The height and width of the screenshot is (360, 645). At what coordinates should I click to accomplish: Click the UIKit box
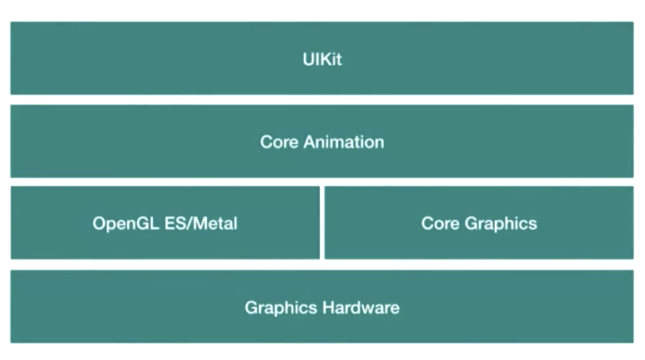pos(171,58)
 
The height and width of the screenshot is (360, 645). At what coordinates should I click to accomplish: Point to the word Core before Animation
pos(279,141)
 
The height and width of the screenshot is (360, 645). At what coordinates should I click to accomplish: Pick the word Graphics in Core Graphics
pos(501,223)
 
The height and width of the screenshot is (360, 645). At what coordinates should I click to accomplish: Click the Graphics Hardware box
pos(142,308)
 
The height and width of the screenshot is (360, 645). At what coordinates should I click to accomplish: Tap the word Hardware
pos(361,308)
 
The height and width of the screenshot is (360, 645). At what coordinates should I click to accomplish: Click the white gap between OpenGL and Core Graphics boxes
pos(322,223)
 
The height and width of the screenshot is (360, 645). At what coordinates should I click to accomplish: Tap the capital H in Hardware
pos(328,308)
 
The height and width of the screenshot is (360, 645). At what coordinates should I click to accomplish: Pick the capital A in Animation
pos(309,141)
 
